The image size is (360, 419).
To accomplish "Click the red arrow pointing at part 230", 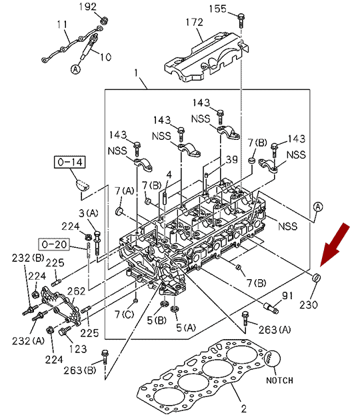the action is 334,245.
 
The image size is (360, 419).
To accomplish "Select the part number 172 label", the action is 195,22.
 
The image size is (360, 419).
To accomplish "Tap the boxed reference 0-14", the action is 70,162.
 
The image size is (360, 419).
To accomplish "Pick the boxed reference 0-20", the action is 54,244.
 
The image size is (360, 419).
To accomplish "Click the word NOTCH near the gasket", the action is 279,380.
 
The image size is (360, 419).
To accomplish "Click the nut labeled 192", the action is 104,21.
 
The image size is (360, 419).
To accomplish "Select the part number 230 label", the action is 309,304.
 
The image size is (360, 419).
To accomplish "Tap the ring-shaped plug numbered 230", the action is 317,278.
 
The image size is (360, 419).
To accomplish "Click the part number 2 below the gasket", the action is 243,409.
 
